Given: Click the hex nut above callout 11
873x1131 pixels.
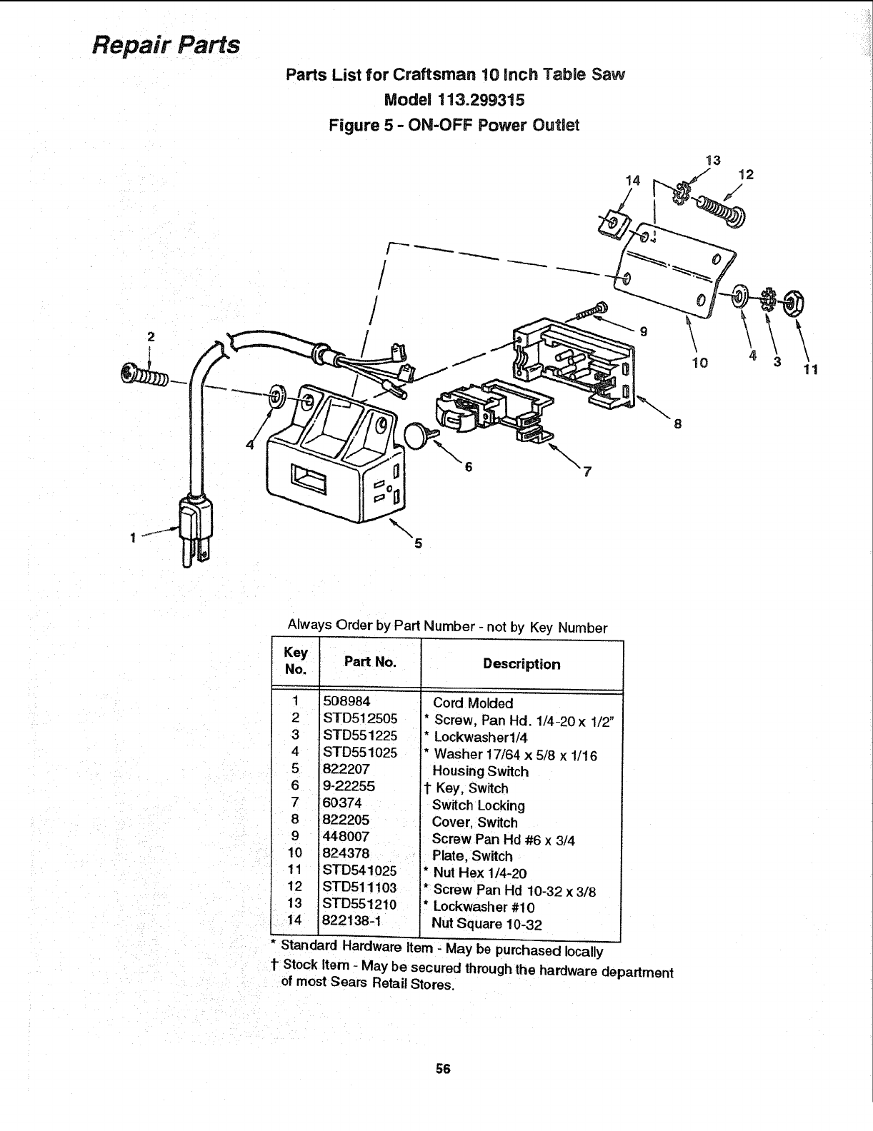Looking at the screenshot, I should click(793, 303).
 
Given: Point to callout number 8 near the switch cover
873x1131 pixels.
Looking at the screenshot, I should click(677, 424).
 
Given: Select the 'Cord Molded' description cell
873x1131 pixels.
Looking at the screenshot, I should click(473, 703).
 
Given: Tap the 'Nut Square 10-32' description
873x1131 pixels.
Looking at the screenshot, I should click(487, 925).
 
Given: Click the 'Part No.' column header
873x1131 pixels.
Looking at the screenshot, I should click(369, 662).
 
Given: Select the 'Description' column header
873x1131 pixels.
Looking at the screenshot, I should click(522, 664).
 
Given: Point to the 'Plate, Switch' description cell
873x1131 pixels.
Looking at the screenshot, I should click(472, 856).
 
